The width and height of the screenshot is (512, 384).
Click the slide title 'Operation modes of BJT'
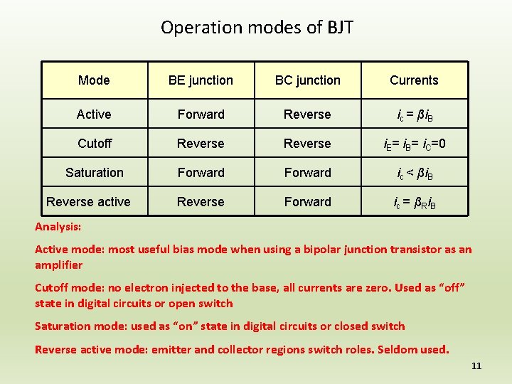point(257,28)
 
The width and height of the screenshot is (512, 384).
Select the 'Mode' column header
point(94,80)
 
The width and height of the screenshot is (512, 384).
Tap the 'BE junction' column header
point(201,80)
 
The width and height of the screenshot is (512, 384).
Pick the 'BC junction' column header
point(307,80)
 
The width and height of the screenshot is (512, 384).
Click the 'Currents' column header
point(414,80)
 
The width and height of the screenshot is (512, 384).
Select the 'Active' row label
point(94,114)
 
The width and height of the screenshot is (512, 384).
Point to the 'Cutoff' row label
point(95,144)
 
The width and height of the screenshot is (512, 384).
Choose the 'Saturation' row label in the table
point(94,173)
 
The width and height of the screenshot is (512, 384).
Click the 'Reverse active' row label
point(88,202)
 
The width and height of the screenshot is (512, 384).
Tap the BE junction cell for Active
point(201,114)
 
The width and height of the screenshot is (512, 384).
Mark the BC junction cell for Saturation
point(307,173)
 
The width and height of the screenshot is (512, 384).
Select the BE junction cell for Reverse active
point(201,202)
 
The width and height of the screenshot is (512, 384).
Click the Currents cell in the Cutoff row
point(414,144)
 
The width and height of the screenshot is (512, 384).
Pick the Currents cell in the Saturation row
point(414,173)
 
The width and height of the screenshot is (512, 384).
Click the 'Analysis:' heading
point(58,227)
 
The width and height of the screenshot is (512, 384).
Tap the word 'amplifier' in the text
point(58,265)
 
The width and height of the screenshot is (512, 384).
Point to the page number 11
point(476,366)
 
